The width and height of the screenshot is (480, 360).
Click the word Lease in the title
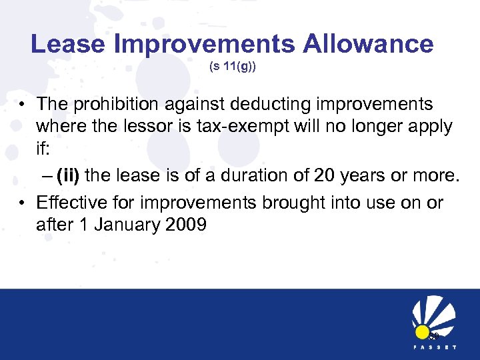point(68,44)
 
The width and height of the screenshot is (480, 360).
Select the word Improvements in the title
point(205,44)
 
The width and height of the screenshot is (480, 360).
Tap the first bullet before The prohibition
point(22,105)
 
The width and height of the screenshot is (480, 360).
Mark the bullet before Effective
point(22,203)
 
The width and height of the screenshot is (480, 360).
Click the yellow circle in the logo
point(422,331)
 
